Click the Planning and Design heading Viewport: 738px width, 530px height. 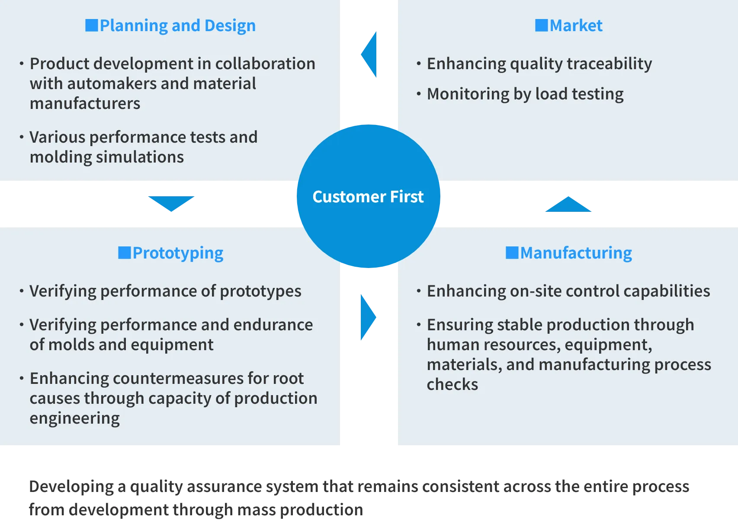170,26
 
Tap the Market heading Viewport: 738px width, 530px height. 569,26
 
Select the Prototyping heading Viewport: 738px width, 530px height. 171,253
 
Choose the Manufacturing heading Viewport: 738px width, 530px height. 569,253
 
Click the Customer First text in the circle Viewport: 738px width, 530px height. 368,197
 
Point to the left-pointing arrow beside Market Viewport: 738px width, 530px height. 369,54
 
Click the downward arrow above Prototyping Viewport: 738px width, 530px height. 171,204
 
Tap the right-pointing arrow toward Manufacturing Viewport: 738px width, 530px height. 368,317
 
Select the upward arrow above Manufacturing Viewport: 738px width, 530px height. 568,204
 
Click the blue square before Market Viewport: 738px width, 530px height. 541,26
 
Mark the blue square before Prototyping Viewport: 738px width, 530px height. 125,253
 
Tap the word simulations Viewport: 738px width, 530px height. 140,157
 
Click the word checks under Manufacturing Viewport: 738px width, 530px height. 452,384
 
